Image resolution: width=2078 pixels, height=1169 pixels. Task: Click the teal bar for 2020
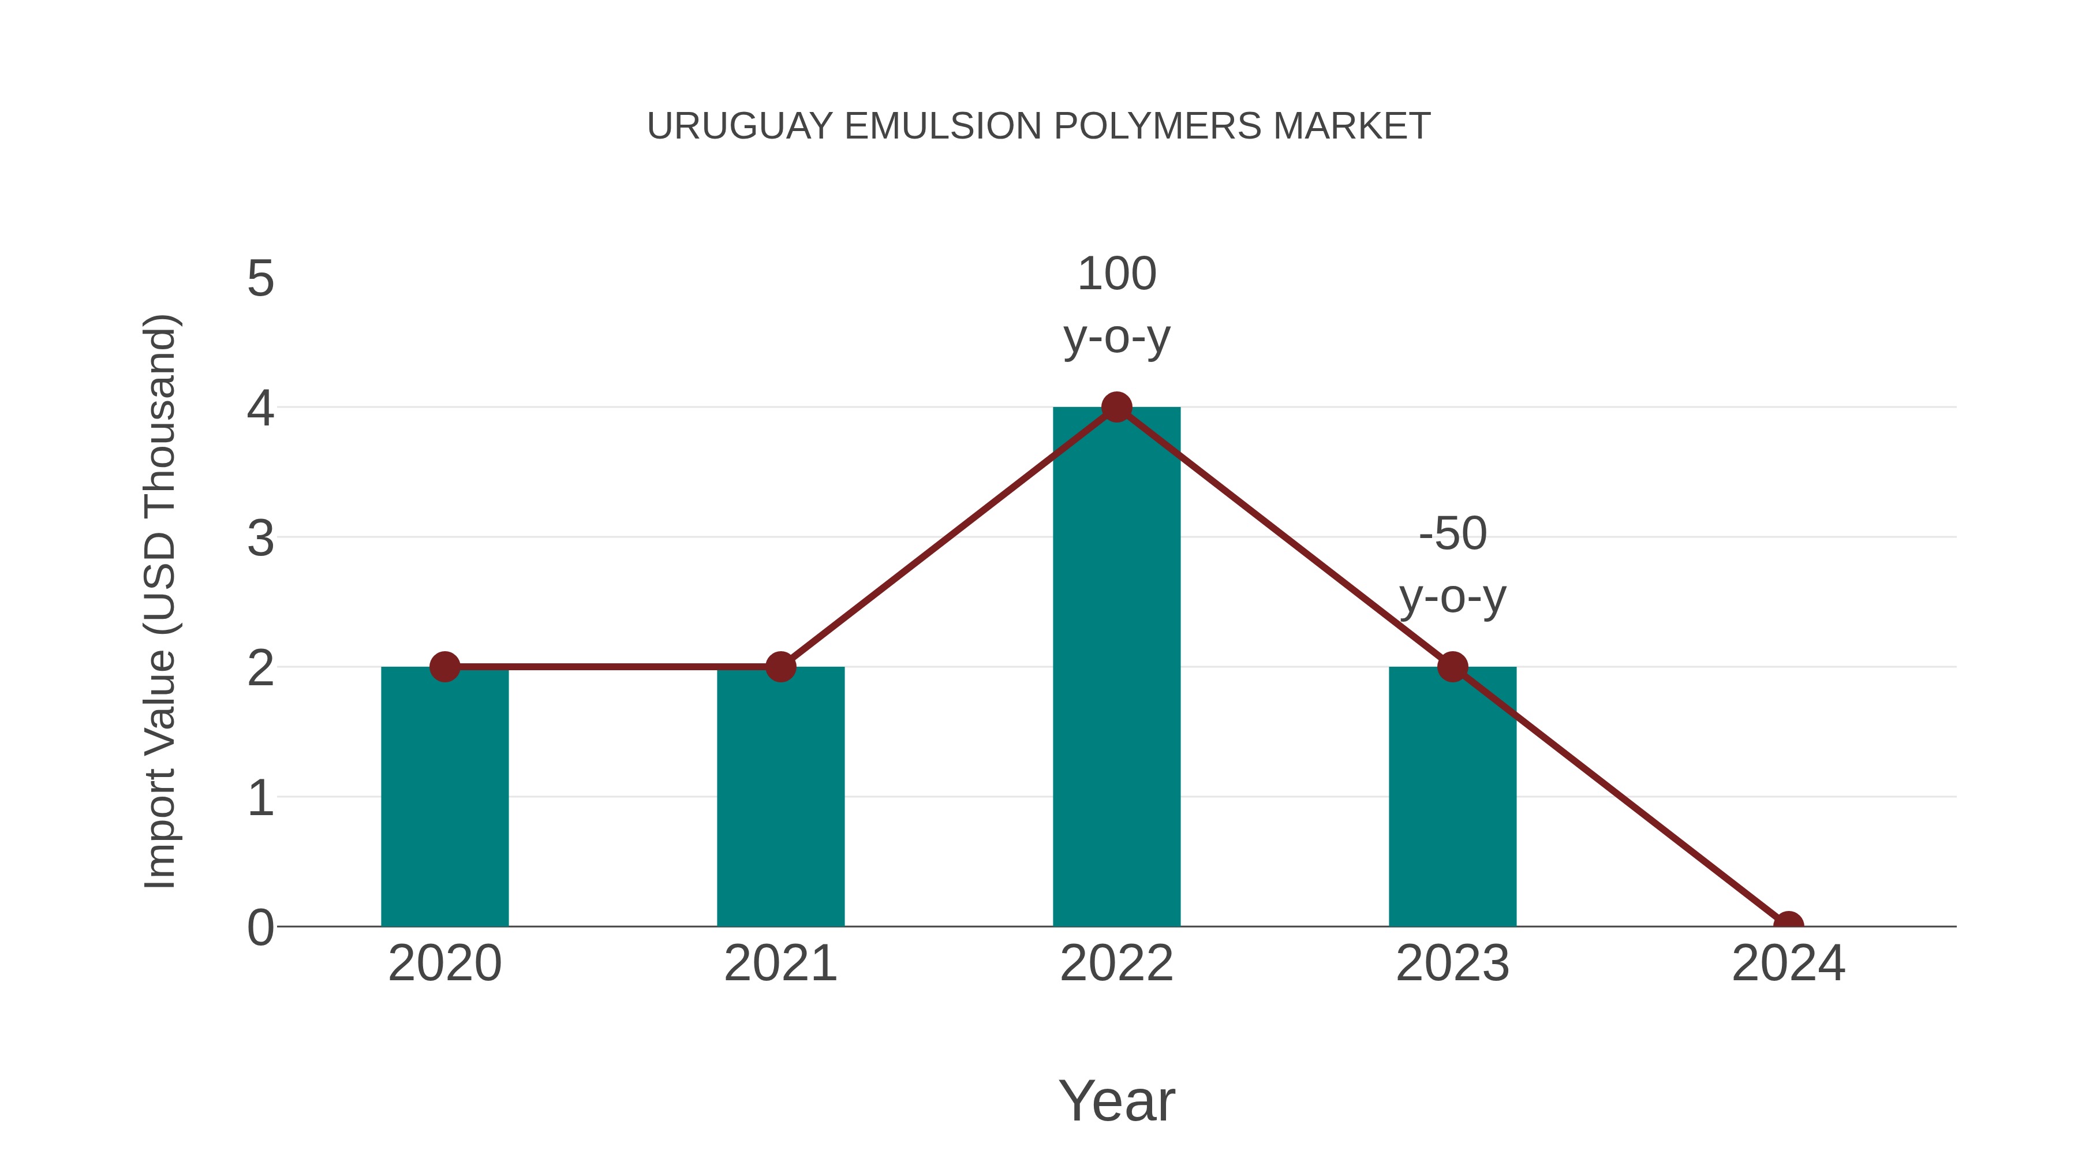[x=444, y=799]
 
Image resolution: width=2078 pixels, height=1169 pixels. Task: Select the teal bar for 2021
[x=780, y=799]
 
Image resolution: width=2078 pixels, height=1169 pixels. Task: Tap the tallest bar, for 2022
[x=1116, y=670]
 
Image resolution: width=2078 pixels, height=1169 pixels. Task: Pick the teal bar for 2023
[x=1452, y=799]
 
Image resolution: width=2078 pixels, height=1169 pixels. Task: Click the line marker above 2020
[x=444, y=667]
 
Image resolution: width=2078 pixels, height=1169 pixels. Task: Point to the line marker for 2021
[x=780, y=667]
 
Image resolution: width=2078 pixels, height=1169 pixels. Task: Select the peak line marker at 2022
[x=1116, y=408]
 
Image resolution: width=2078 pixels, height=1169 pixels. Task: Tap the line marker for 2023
[x=1452, y=667]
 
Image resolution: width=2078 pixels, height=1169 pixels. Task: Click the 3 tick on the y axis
[x=260, y=538]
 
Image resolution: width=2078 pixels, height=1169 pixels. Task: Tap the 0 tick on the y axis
[x=260, y=928]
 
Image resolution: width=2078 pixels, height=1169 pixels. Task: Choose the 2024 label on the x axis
[x=1788, y=963]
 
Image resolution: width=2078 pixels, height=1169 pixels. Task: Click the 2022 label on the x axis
[x=1116, y=963]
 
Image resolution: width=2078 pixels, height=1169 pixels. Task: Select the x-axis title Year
[x=1116, y=1100]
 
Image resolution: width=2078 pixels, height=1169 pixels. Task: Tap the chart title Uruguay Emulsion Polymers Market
[x=1038, y=126]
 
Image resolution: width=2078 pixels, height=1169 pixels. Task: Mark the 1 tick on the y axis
[x=260, y=798]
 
